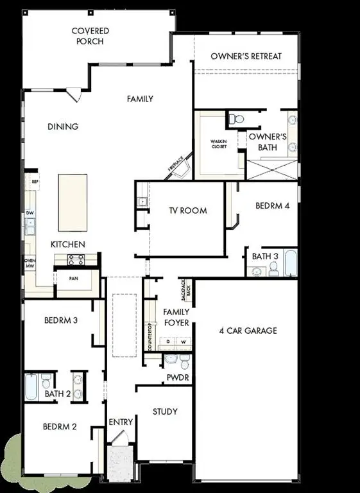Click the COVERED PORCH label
[90, 36]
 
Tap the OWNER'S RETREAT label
[246, 56]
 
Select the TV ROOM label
[188, 211]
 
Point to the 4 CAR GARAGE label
[248, 331]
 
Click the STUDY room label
[165, 411]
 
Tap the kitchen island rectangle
[73, 202]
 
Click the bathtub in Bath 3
[290, 262]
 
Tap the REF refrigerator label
[35, 182]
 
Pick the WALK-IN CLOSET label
[220, 144]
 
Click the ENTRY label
[121, 422]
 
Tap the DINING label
[63, 126]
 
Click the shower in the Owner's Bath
[272, 169]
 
